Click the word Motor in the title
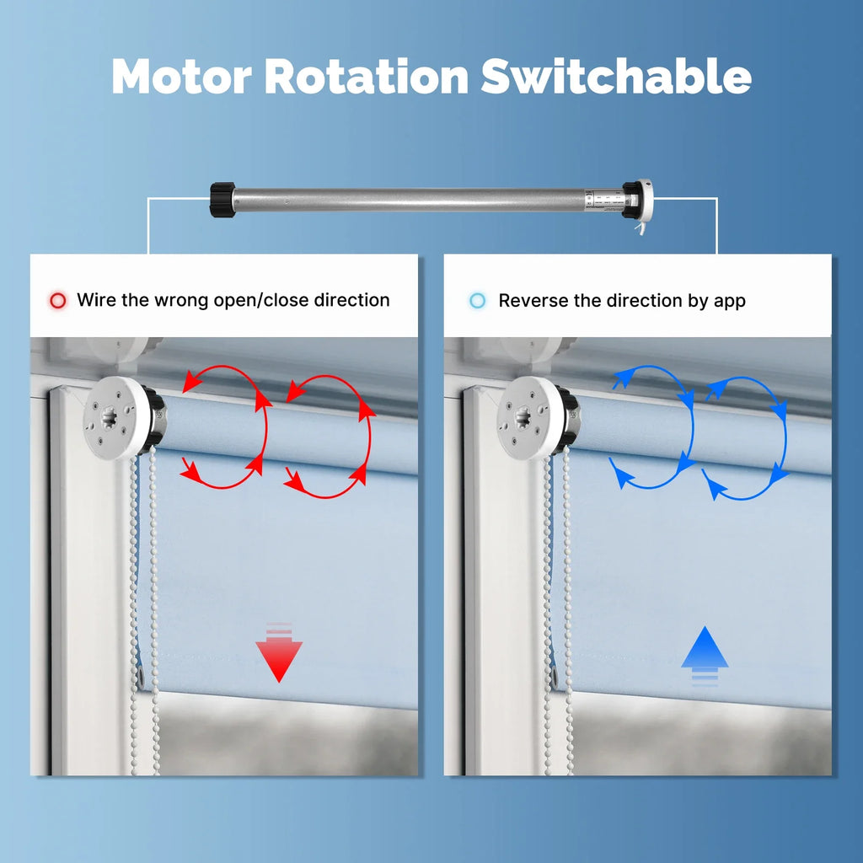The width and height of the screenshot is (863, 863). pyautogui.click(x=182, y=76)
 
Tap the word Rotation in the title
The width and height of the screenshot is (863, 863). pyautogui.click(x=367, y=76)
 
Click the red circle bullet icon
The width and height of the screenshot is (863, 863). pyautogui.click(x=58, y=301)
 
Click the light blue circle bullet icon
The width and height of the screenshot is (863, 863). pyautogui.click(x=477, y=301)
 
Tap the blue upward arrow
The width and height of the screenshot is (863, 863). pyautogui.click(x=705, y=656)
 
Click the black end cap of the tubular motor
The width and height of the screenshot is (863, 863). pyautogui.click(x=222, y=199)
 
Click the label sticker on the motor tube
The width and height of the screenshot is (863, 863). pyautogui.click(x=604, y=199)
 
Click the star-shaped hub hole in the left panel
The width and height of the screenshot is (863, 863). pyautogui.click(x=109, y=418)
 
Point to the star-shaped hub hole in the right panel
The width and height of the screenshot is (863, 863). pyautogui.click(x=523, y=418)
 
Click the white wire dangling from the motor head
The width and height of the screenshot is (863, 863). pyautogui.click(x=640, y=228)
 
